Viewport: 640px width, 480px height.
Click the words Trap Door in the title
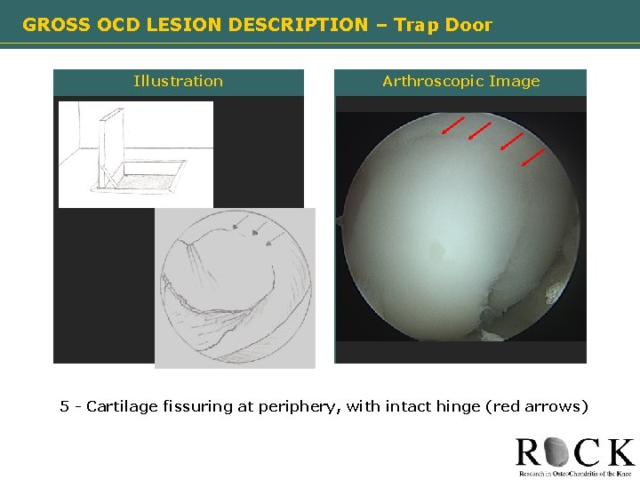pyautogui.click(x=443, y=25)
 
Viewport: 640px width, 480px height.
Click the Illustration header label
pyautogui.click(x=178, y=82)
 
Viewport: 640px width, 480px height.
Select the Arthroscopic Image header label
pyautogui.click(x=460, y=82)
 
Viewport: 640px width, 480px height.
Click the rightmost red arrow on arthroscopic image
pyautogui.click(x=532, y=157)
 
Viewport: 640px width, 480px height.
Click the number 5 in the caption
pyautogui.click(x=64, y=406)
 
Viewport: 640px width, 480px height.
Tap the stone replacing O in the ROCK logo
pyautogui.click(x=559, y=452)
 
